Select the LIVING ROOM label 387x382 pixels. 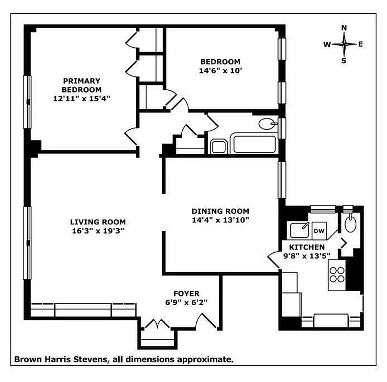(x=98, y=222)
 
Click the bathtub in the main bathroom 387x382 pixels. (x=254, y=145)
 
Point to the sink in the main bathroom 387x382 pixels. (x=266, y=124)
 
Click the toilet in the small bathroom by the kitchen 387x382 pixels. (x=351, y=223)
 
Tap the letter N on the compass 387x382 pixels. (x=343, y=28)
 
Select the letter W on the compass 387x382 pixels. (x=327, y=44)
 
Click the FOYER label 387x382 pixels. (x=187, y=293)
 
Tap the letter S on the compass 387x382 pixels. (x=343, y=60)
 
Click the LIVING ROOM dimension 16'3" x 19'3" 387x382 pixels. (x=98, y=231)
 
